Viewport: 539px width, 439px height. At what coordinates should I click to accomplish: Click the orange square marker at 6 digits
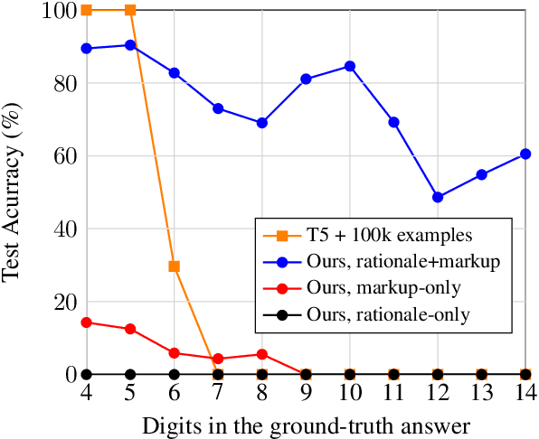coord(174,266)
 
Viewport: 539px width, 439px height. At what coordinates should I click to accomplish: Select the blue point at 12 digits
coord(438,197)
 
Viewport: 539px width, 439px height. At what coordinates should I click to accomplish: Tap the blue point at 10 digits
coord(350,66)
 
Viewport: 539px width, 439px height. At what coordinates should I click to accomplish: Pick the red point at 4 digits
coord(87,322)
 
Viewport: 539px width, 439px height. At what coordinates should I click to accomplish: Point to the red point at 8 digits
coord(262,354)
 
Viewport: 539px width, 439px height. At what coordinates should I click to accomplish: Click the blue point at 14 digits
coord(525,154)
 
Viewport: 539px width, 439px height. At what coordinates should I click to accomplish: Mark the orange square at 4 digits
coord(87,10)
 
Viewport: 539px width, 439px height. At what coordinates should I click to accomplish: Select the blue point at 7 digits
coord(218,108)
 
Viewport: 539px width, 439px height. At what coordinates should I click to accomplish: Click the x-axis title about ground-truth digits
coord(306,425)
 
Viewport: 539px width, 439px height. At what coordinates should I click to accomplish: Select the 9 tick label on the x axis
coord(306,393)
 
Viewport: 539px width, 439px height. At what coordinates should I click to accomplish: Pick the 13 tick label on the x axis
coord(481,393)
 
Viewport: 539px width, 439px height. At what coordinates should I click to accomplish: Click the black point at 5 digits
coord(130,374)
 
